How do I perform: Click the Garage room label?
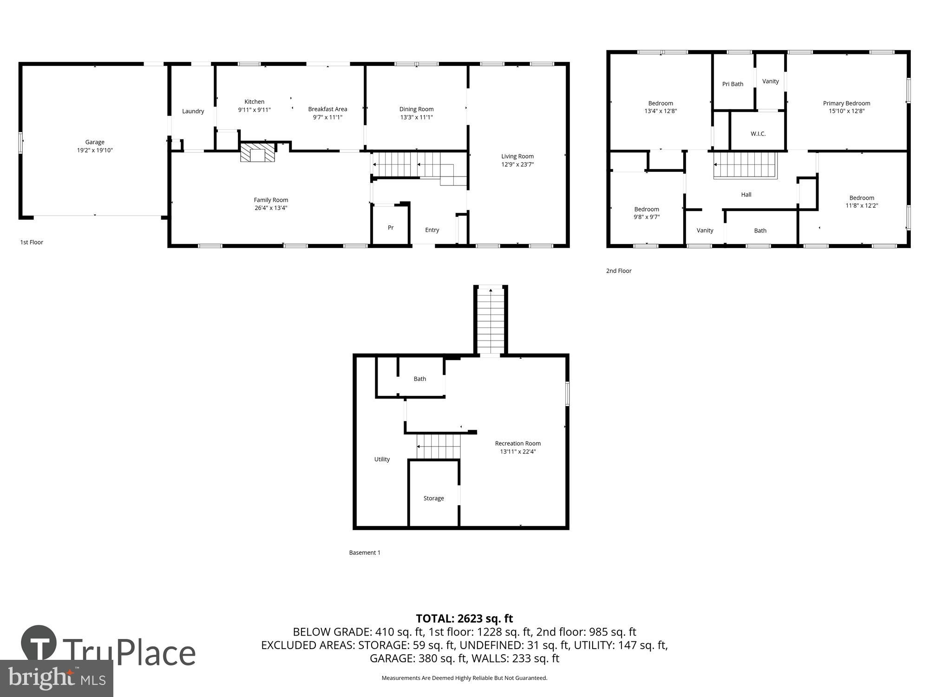(x=95, y=142)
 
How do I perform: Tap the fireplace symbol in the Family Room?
(x=257, y=153)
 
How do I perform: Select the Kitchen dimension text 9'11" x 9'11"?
(x=254, y=110)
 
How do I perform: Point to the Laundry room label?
(x=193, y=111)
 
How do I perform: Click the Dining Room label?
(x=416, y=109)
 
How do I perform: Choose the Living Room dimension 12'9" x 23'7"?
(x=517, y=164)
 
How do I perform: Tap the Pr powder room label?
(x=391, y=228)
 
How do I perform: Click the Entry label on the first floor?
(x=432, y=230)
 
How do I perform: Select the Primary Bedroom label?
(x=846, y=103)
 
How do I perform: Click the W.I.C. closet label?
(x=758, y=134)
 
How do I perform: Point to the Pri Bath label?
(x=733, y=84)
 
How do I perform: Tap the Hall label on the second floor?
(x=746, y=195)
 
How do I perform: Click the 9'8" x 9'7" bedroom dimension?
(x=647, y=217)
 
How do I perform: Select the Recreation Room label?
(x=517, y=443)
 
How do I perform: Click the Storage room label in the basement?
(x=433, y=498)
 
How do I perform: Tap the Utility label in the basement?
(x=382, y=459)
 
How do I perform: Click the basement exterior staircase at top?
(x=491, y=321)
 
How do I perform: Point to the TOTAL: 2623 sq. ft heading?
(x=464, y=618)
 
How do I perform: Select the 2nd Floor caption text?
(x=618, y=271)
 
